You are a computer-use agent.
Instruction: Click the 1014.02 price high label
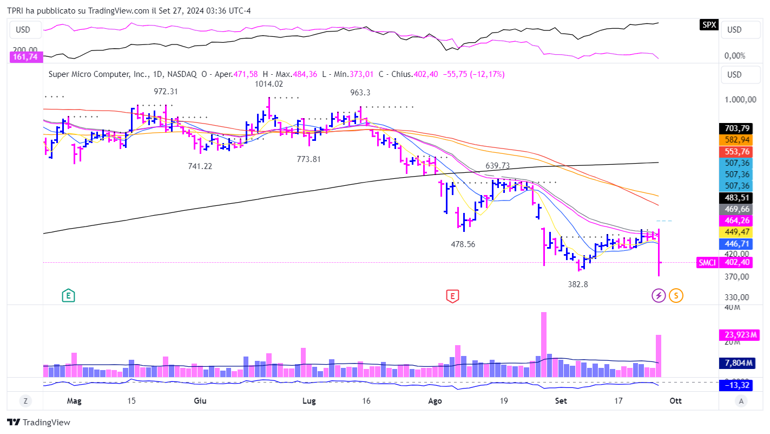click(269, 84)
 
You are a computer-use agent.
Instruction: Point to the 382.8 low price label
click(578, 284)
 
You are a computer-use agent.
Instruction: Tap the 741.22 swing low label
click(200, 166)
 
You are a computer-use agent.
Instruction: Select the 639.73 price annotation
click(498, 165)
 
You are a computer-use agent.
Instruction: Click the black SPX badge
click(708, 25)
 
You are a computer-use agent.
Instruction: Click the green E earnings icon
click(68, 295)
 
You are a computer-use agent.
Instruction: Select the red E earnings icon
click(452, 295)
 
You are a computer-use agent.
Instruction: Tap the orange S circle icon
click(676, 295)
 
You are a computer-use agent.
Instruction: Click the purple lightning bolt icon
click(659, 295)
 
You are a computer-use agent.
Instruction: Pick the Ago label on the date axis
click(435, 401)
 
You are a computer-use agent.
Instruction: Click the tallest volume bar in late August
click(543, 344)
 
